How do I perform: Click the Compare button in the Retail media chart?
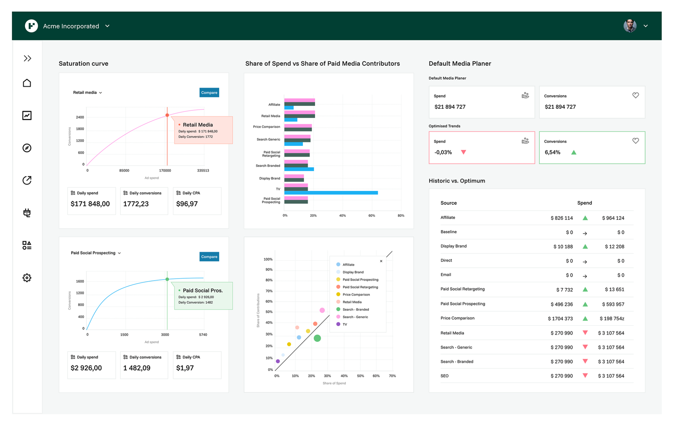[x=209, y=93]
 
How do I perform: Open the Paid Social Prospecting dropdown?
[x=96, y=253]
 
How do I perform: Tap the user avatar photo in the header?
[x=629, y=26]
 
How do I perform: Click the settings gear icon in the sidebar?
[x=27, y=278]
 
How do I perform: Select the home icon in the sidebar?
[x=27, y=83]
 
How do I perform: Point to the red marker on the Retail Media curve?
[x=167, y=116]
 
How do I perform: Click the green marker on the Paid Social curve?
[x=167, y=279]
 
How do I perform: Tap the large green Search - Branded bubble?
[x=317, y=338]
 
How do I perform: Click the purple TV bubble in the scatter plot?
[x=278, y=362]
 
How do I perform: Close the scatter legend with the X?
[x=381, y=261]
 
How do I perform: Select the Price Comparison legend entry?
[x=356, y=295]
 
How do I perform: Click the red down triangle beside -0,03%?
[x=463, y=152]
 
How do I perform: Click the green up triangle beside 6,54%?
[x=574, y=152]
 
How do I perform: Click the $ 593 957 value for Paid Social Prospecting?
[x=613, y=304]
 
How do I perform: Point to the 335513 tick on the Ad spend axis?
[x=203, y=171]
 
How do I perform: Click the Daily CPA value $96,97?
[x=187, y=204]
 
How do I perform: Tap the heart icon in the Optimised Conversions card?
[x=635, y=141]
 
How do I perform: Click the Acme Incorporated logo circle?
[x=31, y=26]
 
